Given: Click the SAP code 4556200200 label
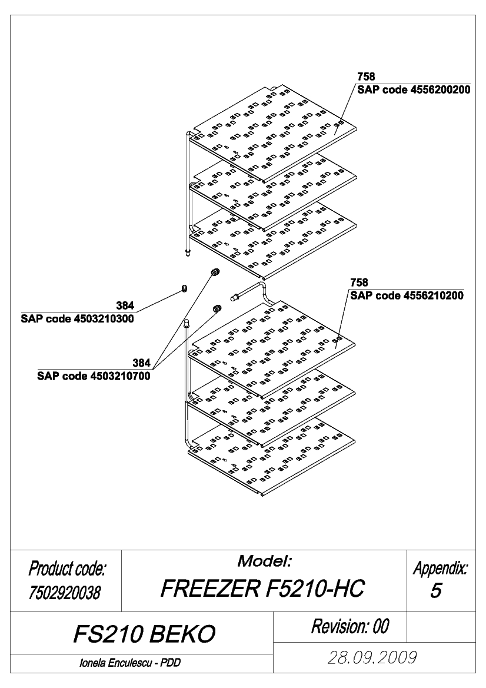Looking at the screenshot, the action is pyautogui.click(x=414, y=90).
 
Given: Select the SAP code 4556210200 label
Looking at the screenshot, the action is pyautogui.click(x=407, y=295).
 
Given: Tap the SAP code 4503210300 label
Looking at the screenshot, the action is pyautogui.click(x=77, y=318).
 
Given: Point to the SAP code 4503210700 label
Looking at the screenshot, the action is pyautogui.click(x=94, y=376).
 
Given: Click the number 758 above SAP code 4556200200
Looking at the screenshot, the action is pyautogui.click(x=366, y=77).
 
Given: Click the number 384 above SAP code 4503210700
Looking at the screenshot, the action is pyautogui.click(x=142, y=363).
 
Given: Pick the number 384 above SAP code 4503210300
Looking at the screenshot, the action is pyautogui.click(x=125, y=305).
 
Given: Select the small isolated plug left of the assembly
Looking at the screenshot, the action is pyautogui.click(x=184, y=289).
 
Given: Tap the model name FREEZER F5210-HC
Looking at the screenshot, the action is pyautogui.click(x=263, y=589).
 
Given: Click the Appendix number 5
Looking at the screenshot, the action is pyautogui.click(x=435, y=590).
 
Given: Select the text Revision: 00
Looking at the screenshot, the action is pyautogui.click(x=350, y=626).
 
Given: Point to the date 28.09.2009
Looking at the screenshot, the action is pyautogui.click(x=372, y=658).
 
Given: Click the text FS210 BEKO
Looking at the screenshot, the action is pyautogui.click(x=144, y=634).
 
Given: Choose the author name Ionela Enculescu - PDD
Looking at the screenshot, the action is pyautogui.click(x=130, y=663).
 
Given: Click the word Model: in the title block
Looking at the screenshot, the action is pyautogui.click(x=265, y=561).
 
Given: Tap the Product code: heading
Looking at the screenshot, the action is pyautogui.click(x=67, y=569).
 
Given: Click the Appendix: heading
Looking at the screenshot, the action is pyautogui.click(x=440, y=568).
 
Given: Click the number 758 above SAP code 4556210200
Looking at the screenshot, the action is pyautogui.click(x=359, y=282).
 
